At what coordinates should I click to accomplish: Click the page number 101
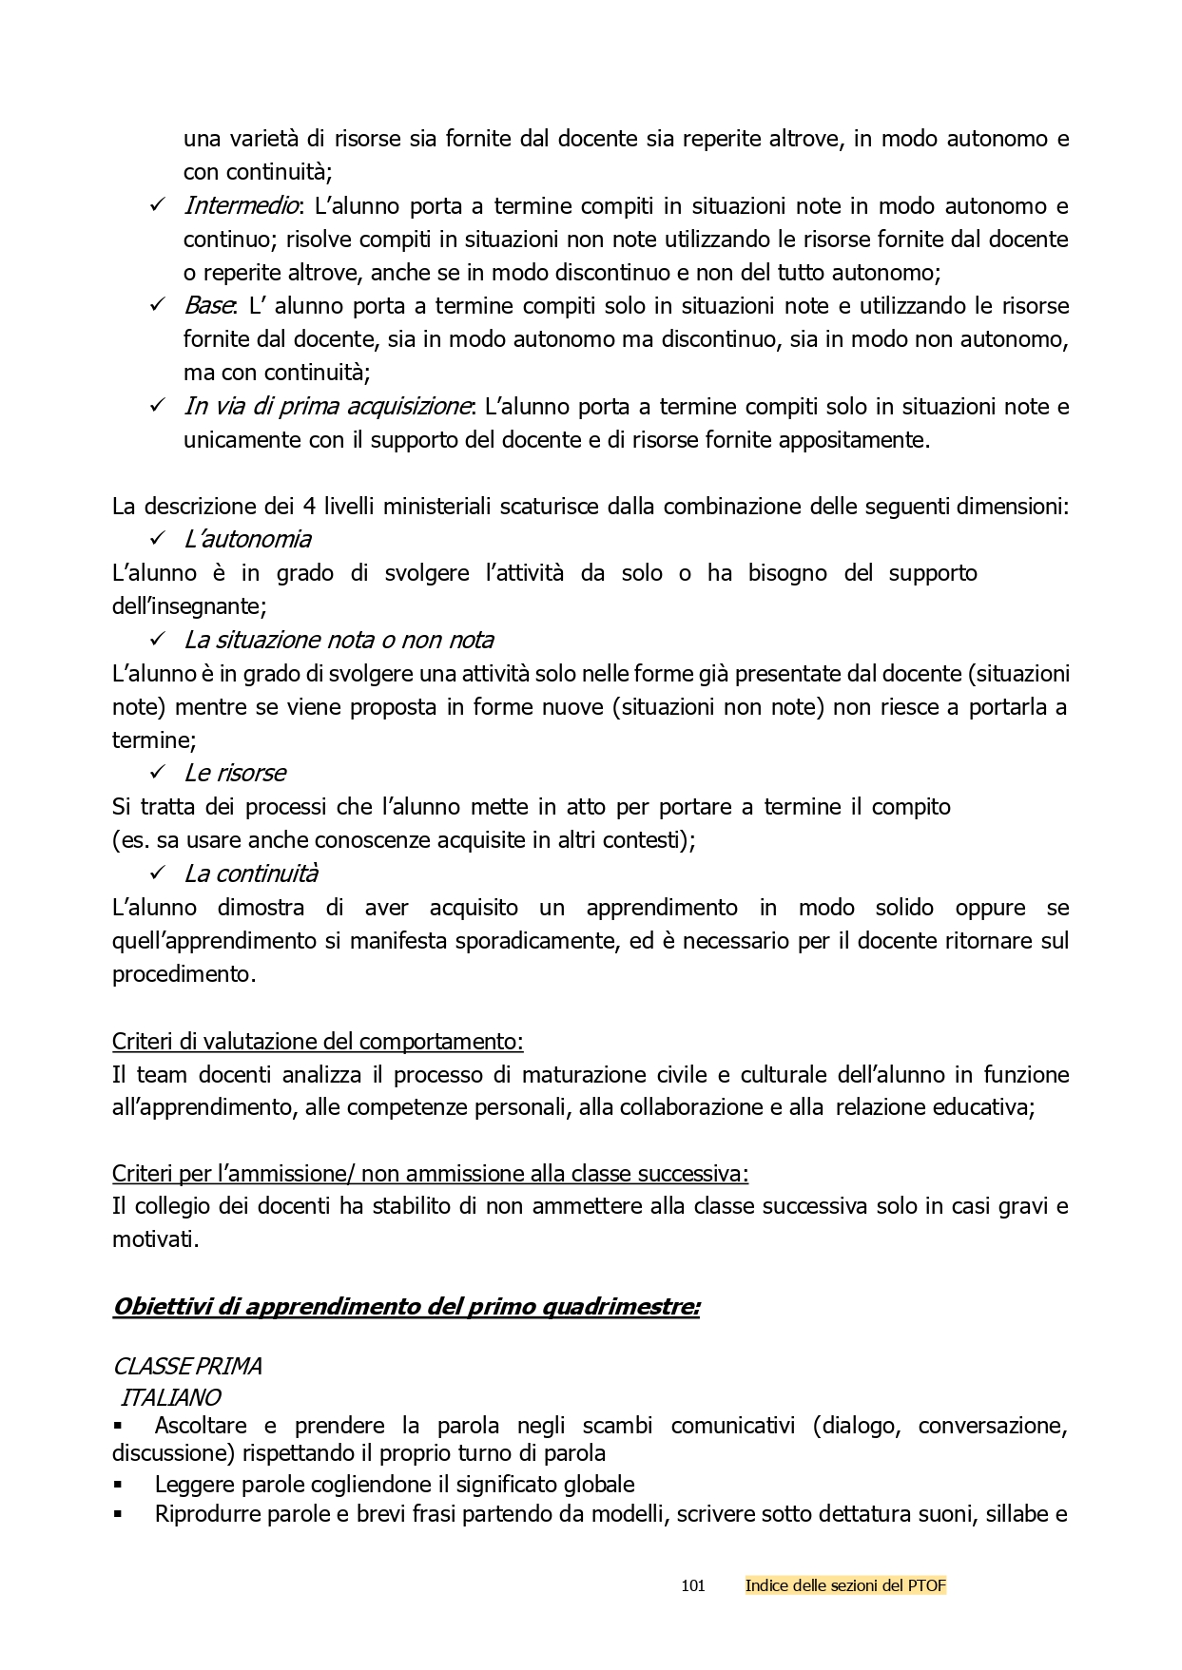pyautogui.click(x=693, y=1585)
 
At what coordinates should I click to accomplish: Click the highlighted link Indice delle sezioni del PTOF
pyautogui.click(x=845, y=1585)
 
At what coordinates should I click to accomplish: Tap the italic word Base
pyautogui.click(x=208, y=306)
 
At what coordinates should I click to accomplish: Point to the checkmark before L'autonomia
pyautogui.click(x=158, y=539)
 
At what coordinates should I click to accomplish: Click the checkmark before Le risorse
pyautogui.click(x=158, y=773)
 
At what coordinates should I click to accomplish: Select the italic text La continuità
pyautogui.click(x=251, y=873)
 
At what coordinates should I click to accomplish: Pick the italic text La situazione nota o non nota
pyautogui.click(x=339, y=640)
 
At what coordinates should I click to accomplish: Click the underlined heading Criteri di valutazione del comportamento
pyautogui.click(x=318, y=1041)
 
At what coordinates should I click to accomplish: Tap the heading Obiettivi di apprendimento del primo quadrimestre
pyautogui.click(x=406, y=1307)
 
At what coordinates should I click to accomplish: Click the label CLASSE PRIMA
pyautogui.click(x=186, y=1366)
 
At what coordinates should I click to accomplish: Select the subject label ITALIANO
pyautogui.click(x=171, y=1397)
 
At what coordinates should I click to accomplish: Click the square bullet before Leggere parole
pyautogui.click(x=118, y=1484)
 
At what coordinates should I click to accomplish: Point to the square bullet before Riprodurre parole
pyautogui.click(x=118, y=1514)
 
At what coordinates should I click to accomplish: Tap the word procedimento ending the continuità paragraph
pyautogui.click(x=184, y=974)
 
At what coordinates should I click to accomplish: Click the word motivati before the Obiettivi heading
pyautogui.click(x=155, y=1239)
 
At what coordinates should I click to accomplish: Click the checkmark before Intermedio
pyautogui.click(x=158, y=206)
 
